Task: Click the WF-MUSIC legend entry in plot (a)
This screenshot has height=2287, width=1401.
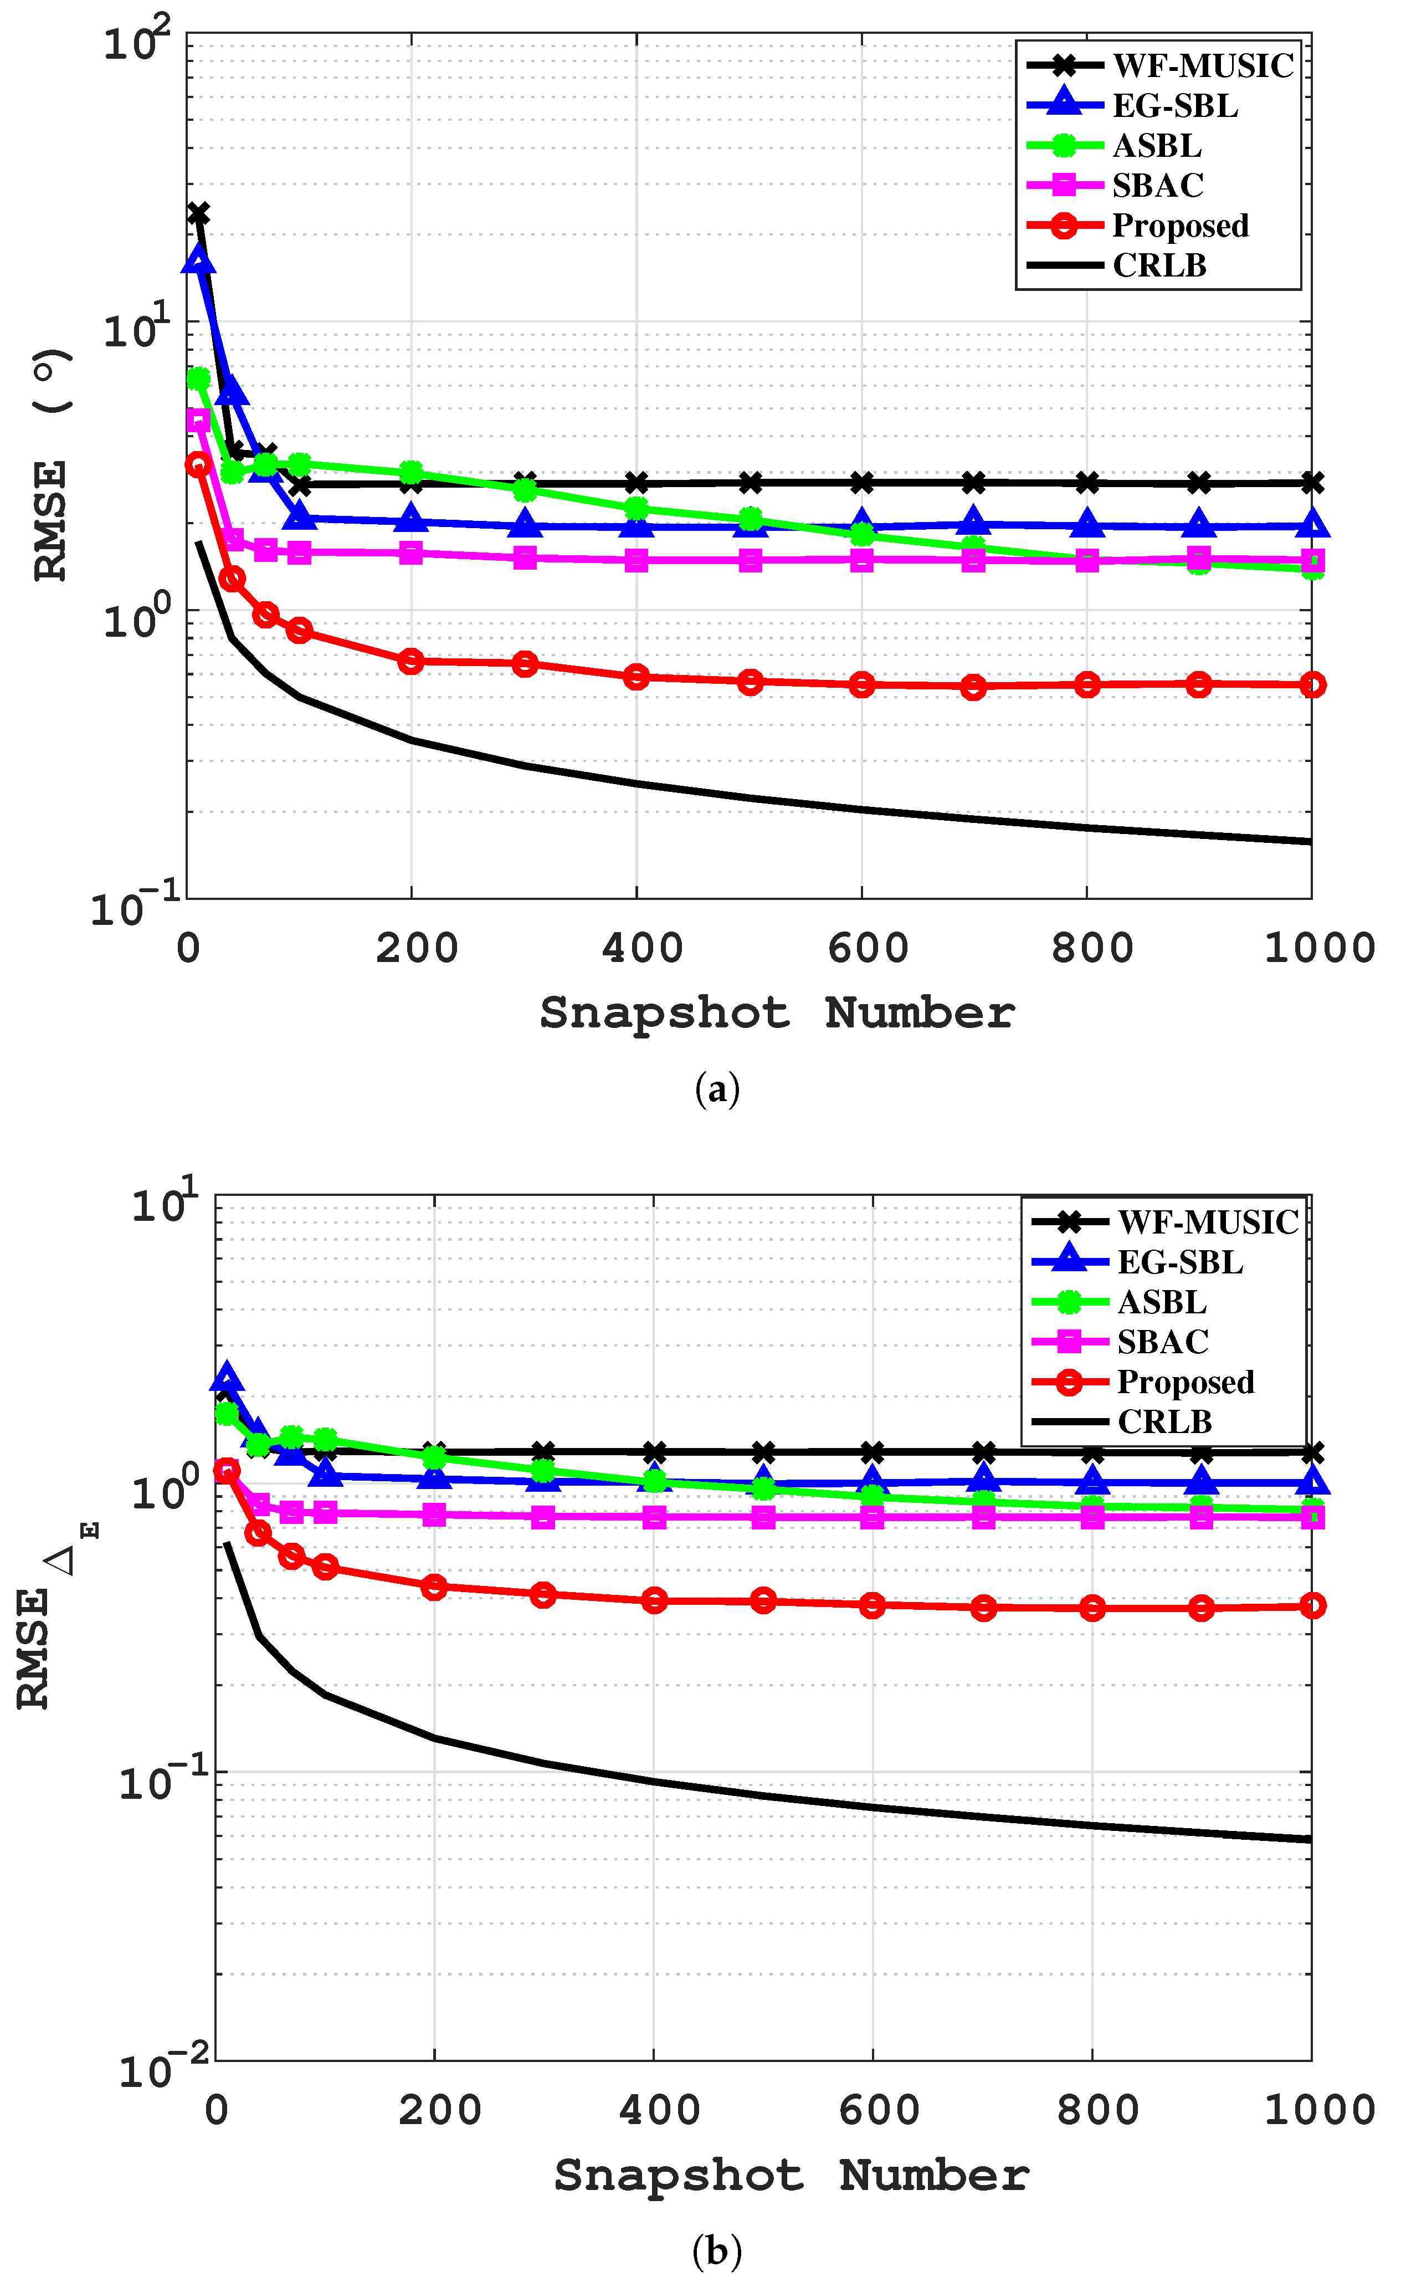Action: tap(1203, 66)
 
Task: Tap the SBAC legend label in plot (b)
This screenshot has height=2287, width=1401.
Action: tap(1163, 1342)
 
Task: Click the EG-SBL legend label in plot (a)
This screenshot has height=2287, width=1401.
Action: tap(1174, 106)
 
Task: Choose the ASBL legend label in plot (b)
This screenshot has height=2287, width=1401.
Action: tap(1162, 1302)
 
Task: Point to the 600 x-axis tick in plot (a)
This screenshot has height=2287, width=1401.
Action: tap(868, 949)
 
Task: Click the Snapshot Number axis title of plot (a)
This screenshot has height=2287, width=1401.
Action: tap(778, 1012)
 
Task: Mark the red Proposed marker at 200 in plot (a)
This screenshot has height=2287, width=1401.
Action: tap(411, 661)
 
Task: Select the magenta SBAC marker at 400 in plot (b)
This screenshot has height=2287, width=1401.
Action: tap(654, 1517)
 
